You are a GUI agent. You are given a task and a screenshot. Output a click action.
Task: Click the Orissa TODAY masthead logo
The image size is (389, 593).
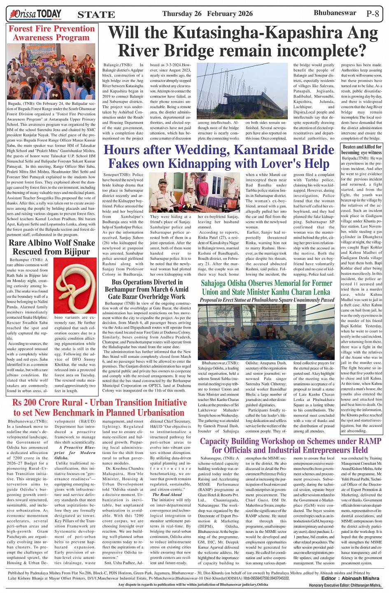pos(36,14)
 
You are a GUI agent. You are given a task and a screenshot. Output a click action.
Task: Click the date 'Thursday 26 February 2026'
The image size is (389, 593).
pos(207,14)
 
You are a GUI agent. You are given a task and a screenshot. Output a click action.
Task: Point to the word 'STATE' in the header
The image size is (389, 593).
pos(96,15)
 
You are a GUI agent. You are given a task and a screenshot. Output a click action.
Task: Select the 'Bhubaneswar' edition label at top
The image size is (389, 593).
pos(335,13)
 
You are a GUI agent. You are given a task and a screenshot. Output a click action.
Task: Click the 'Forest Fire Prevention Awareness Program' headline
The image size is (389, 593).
pos(51,33)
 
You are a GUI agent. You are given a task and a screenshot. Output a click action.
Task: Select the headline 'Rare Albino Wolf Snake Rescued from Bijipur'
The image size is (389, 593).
pos(51,247)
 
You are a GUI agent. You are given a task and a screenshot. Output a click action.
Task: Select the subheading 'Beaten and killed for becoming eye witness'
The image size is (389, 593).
pos(362,149)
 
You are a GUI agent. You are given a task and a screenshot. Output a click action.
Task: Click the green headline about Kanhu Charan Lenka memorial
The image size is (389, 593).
pos(266,287)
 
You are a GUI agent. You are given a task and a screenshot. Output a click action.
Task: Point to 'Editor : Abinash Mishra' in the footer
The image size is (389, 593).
pos(350,578)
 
